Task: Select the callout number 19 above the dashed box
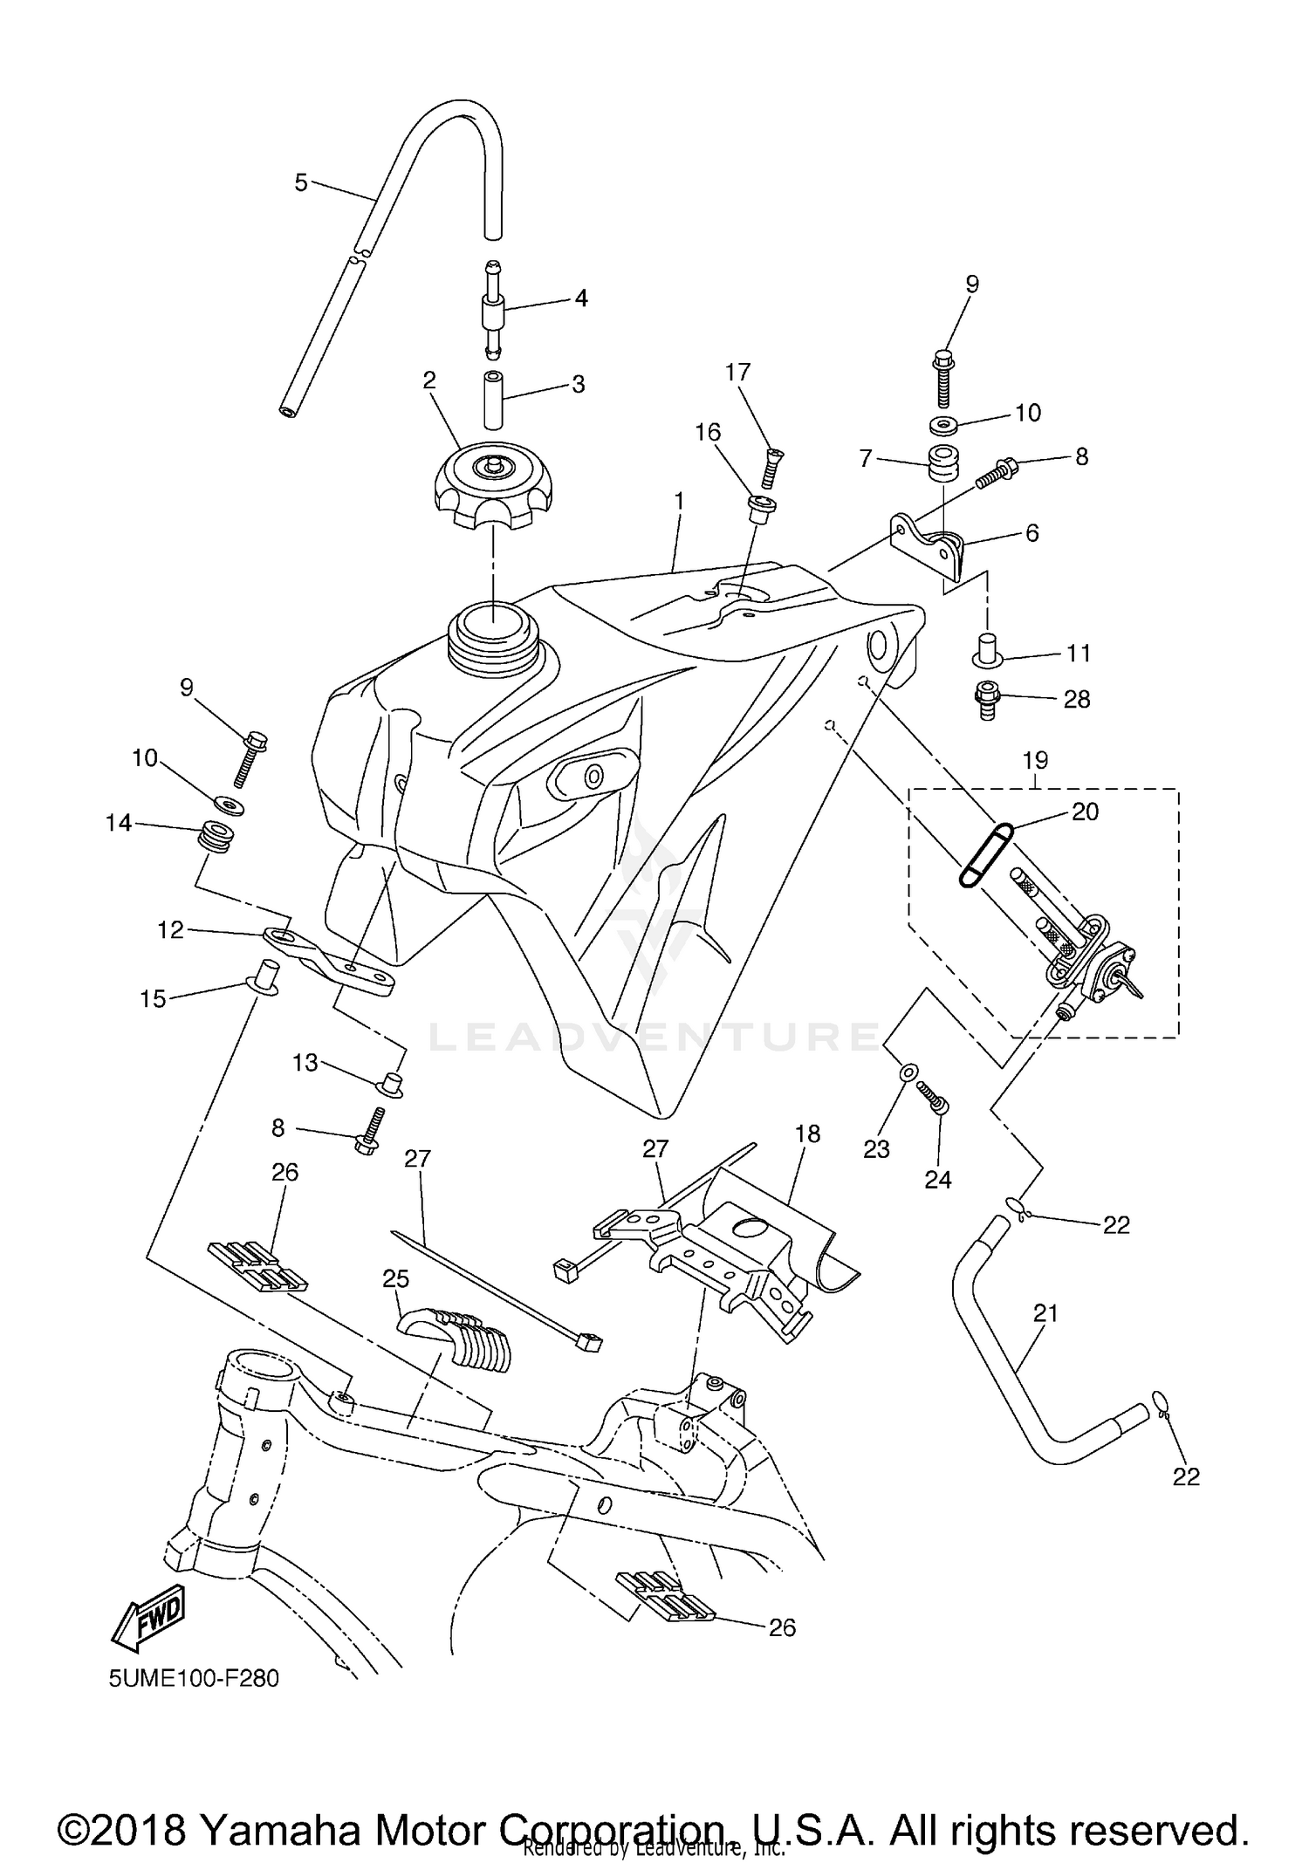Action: coord(1035,760)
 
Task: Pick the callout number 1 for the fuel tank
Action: coord(679,502)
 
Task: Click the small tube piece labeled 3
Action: coord(494,399)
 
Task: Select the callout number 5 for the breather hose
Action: coord(301,182)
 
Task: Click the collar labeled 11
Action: coord(987,651)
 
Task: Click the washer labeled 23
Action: coord(907,1071)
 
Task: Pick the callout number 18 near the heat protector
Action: coord(808,1133)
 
